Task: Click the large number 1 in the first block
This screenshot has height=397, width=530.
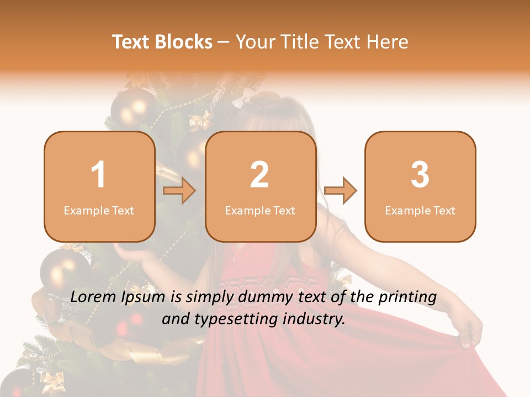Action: [98, 175]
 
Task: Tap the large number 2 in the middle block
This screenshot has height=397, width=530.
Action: [259, 175]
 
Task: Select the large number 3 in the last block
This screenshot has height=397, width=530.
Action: [420, 175]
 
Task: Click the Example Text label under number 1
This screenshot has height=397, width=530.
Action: [99, 210]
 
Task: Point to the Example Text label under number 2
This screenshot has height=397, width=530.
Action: [260, 210]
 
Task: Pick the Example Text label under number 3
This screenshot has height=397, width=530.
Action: [420, 210]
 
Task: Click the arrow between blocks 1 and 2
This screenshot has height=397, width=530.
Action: [180, 191]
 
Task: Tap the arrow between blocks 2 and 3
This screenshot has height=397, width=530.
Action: [341, 191]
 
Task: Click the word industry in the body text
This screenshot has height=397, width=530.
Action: [315, 319]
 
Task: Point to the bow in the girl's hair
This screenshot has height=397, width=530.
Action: [243, 99]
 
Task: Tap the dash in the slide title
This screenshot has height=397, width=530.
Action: [224, 42]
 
